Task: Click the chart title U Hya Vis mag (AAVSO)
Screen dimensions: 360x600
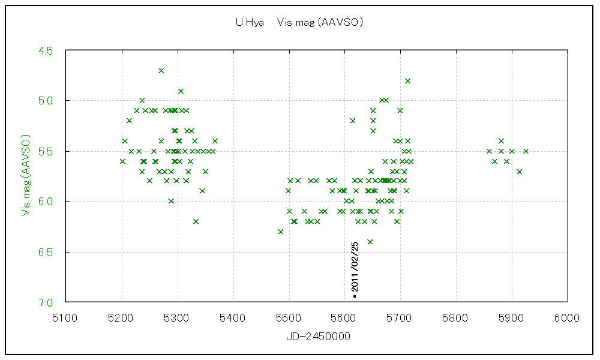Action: coord(299,23)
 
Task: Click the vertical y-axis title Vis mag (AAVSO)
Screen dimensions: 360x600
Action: coord(26,175)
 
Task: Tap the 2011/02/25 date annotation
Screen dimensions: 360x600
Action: coord(355,268)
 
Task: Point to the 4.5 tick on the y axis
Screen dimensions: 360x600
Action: coord(45,50)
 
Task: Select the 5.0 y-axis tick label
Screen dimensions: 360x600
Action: coord(45,101)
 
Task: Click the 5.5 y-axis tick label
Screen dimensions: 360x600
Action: coord(45,151)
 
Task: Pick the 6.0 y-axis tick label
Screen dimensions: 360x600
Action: coord(45,202)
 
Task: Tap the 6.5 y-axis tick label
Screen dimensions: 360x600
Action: coord(45,252)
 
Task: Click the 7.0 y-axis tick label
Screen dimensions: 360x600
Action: coord(45,302)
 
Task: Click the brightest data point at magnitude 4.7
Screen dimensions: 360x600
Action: coord(161,70)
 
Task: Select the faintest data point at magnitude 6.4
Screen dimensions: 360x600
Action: coord(370,242)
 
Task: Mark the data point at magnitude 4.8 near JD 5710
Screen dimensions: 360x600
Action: coord(407,80)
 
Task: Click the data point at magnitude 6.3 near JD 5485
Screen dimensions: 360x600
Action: coord(280,232)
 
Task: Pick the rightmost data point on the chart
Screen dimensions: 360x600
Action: coord(526,151)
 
